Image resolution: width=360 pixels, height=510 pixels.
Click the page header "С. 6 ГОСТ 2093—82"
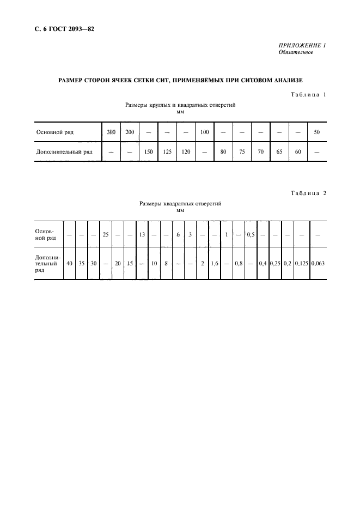[x=60, y=29]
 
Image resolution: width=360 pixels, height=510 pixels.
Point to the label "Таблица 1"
[x=308, y=95]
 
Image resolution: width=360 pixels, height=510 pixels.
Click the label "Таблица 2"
[x=308, y=192]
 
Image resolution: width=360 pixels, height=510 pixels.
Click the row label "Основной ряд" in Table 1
[x=54, y=132]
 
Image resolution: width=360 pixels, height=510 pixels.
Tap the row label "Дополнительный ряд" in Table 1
[x=64, y=151]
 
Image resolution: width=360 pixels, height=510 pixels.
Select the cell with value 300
[x=111, y=132]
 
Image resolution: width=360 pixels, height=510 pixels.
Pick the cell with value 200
[x=130, y=132]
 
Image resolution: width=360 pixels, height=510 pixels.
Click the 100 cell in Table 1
[x=204, y=132]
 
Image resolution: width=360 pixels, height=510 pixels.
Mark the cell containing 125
[x=167, y=151]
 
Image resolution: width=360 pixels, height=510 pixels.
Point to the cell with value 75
[x=242, y=151]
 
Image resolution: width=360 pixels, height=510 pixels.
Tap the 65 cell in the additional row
[x=279, y=151]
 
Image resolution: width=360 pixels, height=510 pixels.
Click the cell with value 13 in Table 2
[x=142, y=235]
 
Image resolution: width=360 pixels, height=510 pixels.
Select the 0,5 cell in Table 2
[x=251, y=235]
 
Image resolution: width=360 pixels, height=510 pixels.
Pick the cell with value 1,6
[x=214, y=264]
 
